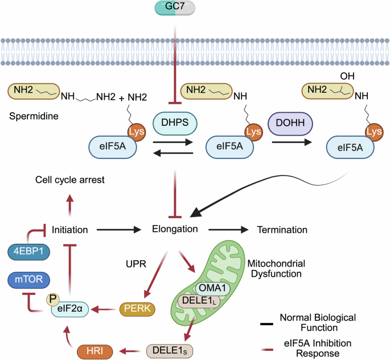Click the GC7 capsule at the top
pyautogui.click(x=175, y=8)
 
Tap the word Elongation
pyautogui.click(x=174, y=230)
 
